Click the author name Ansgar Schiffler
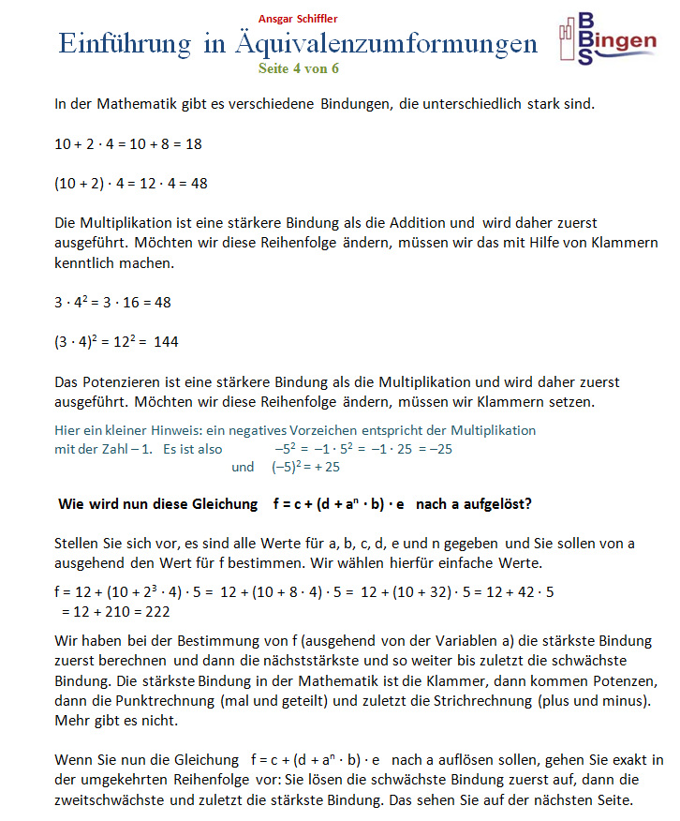(299, 19)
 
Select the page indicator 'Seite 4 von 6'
(299, 67)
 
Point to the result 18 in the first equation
(193, 144)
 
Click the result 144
(166, 341)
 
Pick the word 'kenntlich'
(84, 263)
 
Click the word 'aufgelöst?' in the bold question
(499, 503)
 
